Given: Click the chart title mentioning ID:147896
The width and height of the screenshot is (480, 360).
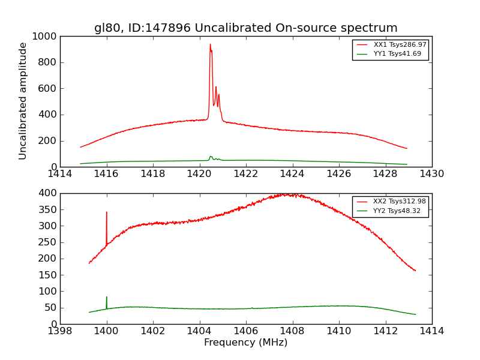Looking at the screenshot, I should coord(245,28).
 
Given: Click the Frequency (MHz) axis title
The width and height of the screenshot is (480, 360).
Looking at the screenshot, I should coord(245,343).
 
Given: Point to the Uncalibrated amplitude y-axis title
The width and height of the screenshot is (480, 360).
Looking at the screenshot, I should coord(23,101).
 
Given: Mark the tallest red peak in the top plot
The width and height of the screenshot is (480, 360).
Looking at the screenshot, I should coord(210,44).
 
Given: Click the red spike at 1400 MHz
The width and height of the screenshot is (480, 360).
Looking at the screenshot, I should coord(107,212).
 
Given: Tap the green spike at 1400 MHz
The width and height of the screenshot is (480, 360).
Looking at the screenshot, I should coord(107,298).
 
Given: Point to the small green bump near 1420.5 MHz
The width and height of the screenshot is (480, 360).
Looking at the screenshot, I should coord(211,157).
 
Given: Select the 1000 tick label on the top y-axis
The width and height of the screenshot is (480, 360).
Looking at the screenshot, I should coord(45,36).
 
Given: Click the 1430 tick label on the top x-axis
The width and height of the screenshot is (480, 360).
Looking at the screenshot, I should coord(431,174).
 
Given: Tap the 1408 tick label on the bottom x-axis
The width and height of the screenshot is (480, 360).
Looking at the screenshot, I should coord(292,331).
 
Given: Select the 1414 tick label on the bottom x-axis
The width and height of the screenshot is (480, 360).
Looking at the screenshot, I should coord(431,331).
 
